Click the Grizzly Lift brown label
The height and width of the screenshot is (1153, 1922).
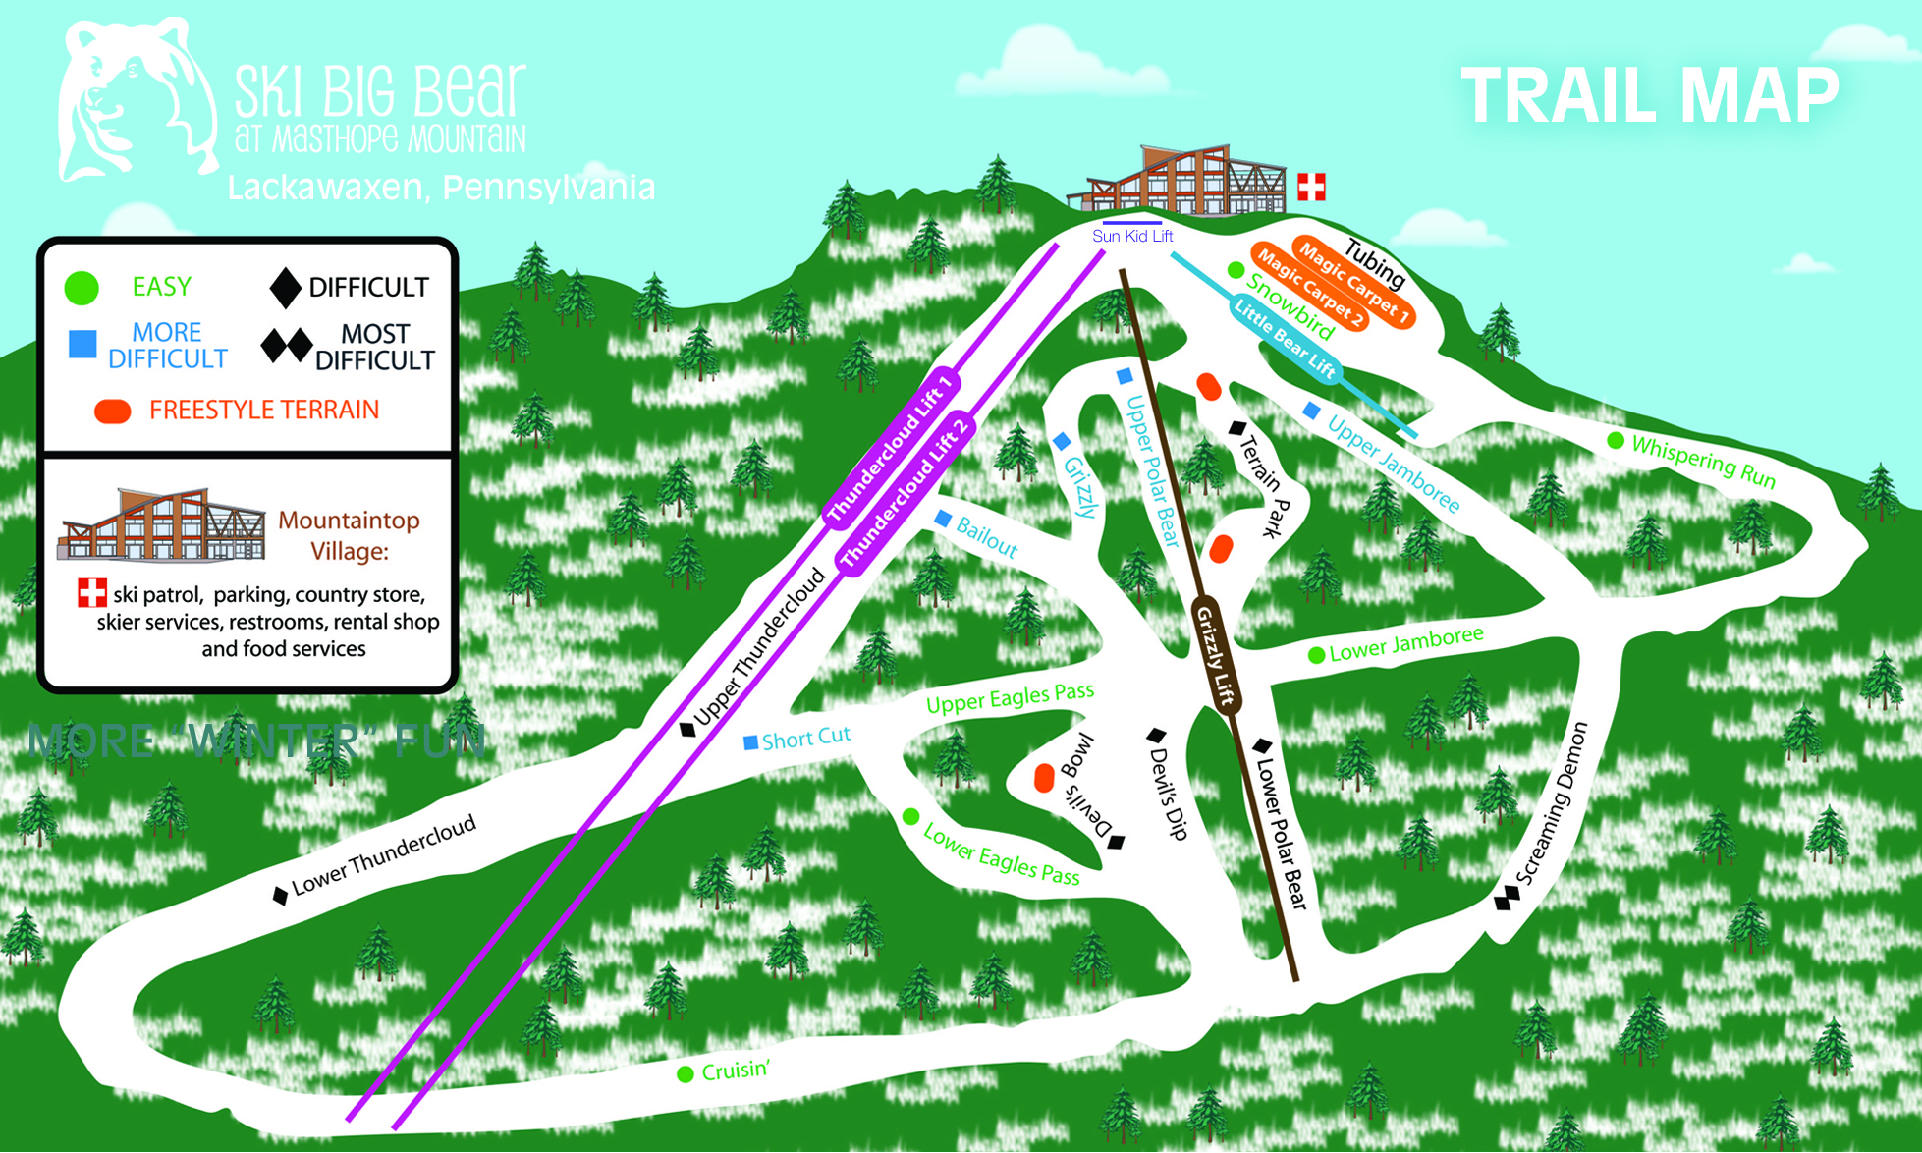click(1217, 655)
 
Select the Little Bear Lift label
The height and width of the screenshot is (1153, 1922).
click(1285, 340)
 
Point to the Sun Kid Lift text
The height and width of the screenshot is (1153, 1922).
click(1132, 236)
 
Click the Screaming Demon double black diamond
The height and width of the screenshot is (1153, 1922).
click(1507, 896)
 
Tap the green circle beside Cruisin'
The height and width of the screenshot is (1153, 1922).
click(686, 1074)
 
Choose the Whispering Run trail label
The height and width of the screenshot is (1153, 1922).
click(1703, 462)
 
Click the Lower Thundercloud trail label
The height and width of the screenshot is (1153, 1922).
click(383, 854)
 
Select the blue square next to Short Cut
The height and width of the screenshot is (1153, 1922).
click(750, 742)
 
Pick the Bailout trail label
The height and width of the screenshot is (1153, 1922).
click(986, 538)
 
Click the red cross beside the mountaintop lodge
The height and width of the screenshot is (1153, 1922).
click(1311, 186)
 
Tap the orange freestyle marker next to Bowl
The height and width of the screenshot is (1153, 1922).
click(1044, 778)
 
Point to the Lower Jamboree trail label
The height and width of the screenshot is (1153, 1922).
click(1405, 644)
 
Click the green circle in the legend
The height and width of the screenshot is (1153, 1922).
click(82, 288)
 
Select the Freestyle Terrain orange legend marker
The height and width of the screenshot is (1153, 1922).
click(113, 412)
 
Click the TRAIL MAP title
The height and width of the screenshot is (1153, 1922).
click(1650, 96)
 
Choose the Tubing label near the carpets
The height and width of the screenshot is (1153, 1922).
click(1375, 263)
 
